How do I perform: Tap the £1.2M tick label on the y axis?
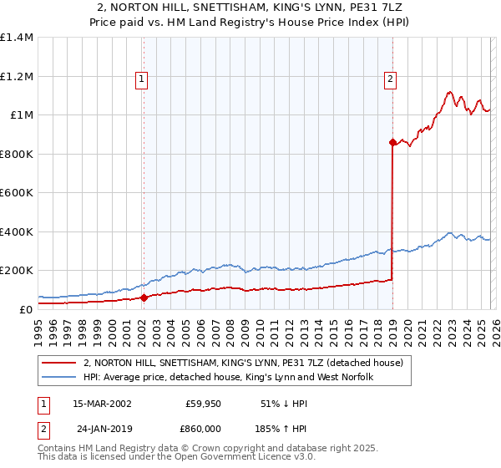click(17, 76)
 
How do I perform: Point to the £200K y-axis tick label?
click(17, 271)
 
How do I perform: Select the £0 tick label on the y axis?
click(25, 310)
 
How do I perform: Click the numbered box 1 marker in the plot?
click(142, 79)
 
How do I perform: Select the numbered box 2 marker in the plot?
click(391, 79)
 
